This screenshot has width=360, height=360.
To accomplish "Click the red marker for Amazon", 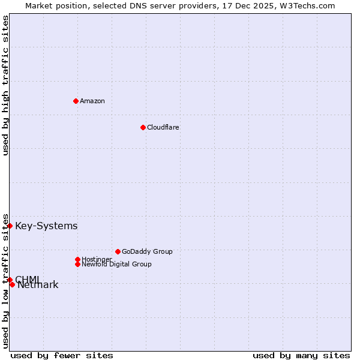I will coord(76,101).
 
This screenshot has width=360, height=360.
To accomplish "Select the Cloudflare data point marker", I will coord(143,127).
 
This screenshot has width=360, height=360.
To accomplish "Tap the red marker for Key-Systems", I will coord(10,226).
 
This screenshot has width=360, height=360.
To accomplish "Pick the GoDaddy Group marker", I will coord(118,251).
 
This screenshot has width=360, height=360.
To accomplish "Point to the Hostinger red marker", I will coord(77,259).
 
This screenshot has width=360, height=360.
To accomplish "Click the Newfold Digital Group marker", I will coord(77,264).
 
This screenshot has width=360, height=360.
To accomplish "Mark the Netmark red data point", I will coord(12,284).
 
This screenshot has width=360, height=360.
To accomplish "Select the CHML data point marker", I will coord(10,280).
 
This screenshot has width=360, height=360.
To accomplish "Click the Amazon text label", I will coord(92,101).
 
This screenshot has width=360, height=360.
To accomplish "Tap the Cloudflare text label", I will coord(163,127).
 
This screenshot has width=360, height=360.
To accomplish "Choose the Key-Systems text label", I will coord(46,226).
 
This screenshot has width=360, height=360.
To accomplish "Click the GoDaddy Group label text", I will coord(147,251).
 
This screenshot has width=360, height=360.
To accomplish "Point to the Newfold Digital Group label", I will coord(116,264).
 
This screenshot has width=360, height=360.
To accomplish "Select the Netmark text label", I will coord(38,285).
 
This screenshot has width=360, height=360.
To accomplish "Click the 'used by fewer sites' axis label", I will coord(62,355).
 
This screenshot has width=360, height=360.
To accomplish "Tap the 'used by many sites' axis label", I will coord(301,355).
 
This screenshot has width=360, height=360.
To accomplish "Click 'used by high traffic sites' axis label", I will coord(6,85).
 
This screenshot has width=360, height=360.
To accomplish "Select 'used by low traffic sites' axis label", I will coord(6,281).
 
